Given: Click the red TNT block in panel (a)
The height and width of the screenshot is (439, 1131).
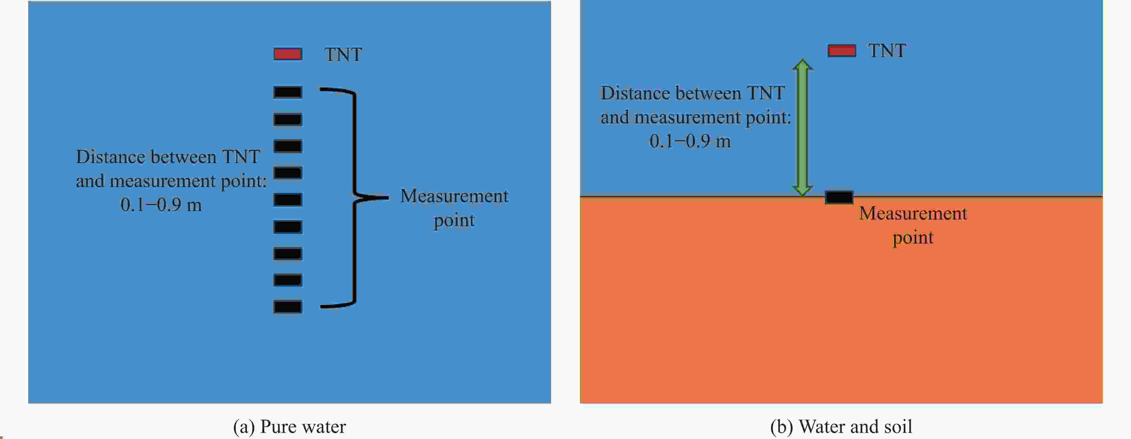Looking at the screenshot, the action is pos(288,54).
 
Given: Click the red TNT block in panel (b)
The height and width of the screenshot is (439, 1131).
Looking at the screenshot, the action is pos(842,51).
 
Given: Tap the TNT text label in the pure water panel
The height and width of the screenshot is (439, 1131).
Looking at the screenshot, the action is pos(343,55).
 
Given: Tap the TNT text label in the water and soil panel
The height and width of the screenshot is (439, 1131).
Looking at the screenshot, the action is pos(887,51).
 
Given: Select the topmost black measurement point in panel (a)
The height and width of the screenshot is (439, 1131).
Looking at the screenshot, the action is pos(288,92).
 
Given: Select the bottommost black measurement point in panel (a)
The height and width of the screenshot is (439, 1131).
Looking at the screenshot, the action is pos(288,307).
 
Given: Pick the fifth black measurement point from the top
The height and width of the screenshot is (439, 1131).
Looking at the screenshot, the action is pos(288,200).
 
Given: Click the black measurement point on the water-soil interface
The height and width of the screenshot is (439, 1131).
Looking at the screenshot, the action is pos(839,197).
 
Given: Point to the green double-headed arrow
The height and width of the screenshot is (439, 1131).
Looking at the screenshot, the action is pos(803,127).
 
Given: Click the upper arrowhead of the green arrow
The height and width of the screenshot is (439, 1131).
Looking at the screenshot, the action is pos(803,65).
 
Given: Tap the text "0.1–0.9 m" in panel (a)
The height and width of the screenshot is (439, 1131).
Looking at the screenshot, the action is pos(161,205).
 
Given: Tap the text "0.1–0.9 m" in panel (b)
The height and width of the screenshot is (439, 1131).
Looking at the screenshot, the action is pos(690,141).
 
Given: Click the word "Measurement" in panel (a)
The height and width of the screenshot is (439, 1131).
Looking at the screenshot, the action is pos(454,196).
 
